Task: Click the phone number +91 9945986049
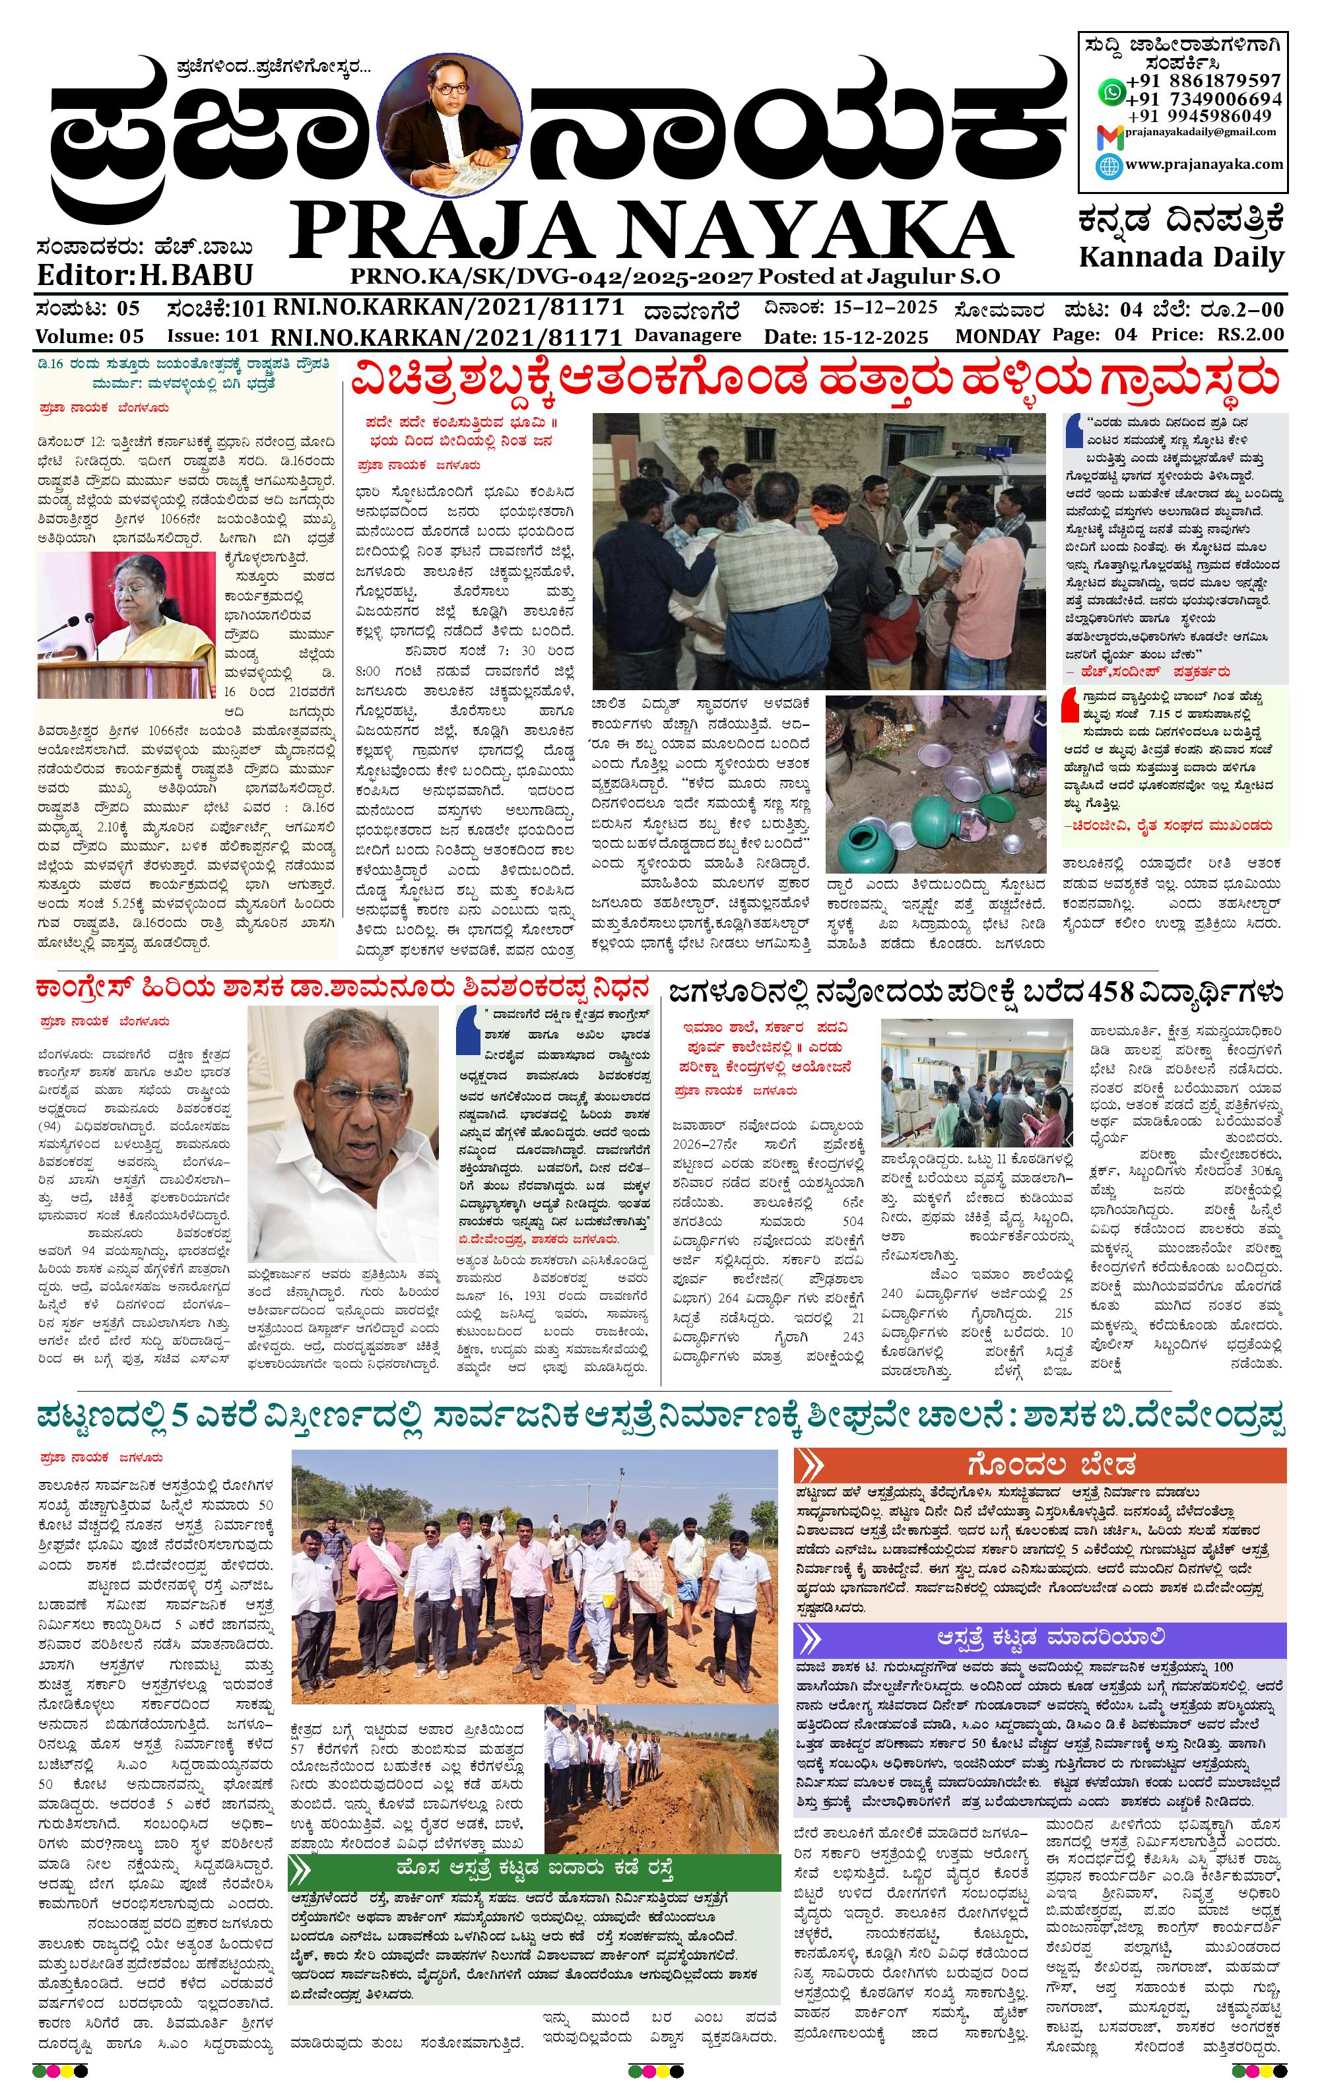(x=1199, y=115)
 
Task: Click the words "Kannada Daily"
(x=1181, y=257)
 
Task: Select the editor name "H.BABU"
(x=197, y=275)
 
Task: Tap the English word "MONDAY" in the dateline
(x=997, y=336)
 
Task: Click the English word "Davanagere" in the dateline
(x=688, y=335)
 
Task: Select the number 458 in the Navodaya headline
(x=1115, y=992)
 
